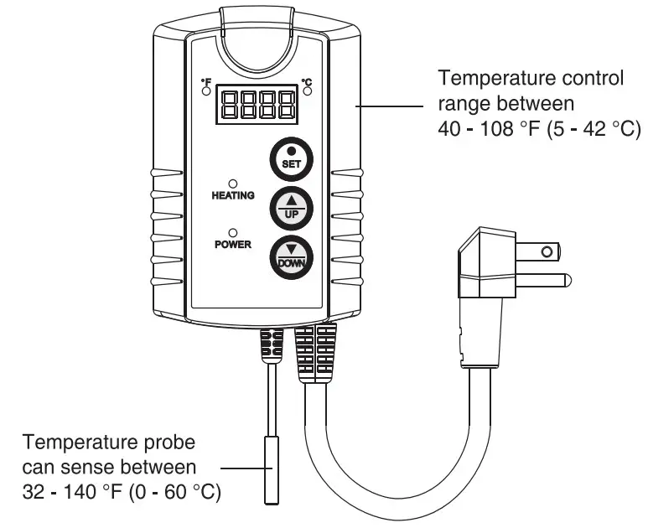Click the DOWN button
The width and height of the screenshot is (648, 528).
291,259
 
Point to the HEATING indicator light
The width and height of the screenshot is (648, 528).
233,183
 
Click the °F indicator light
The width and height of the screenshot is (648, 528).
205,91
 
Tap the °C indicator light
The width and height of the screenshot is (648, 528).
307,91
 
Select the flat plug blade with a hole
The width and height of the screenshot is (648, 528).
537,251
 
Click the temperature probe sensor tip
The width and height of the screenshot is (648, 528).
271,470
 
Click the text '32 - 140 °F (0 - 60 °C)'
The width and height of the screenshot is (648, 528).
123,490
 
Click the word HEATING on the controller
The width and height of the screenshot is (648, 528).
233,196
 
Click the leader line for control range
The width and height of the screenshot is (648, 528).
390,107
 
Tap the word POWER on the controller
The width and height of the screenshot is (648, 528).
232,246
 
